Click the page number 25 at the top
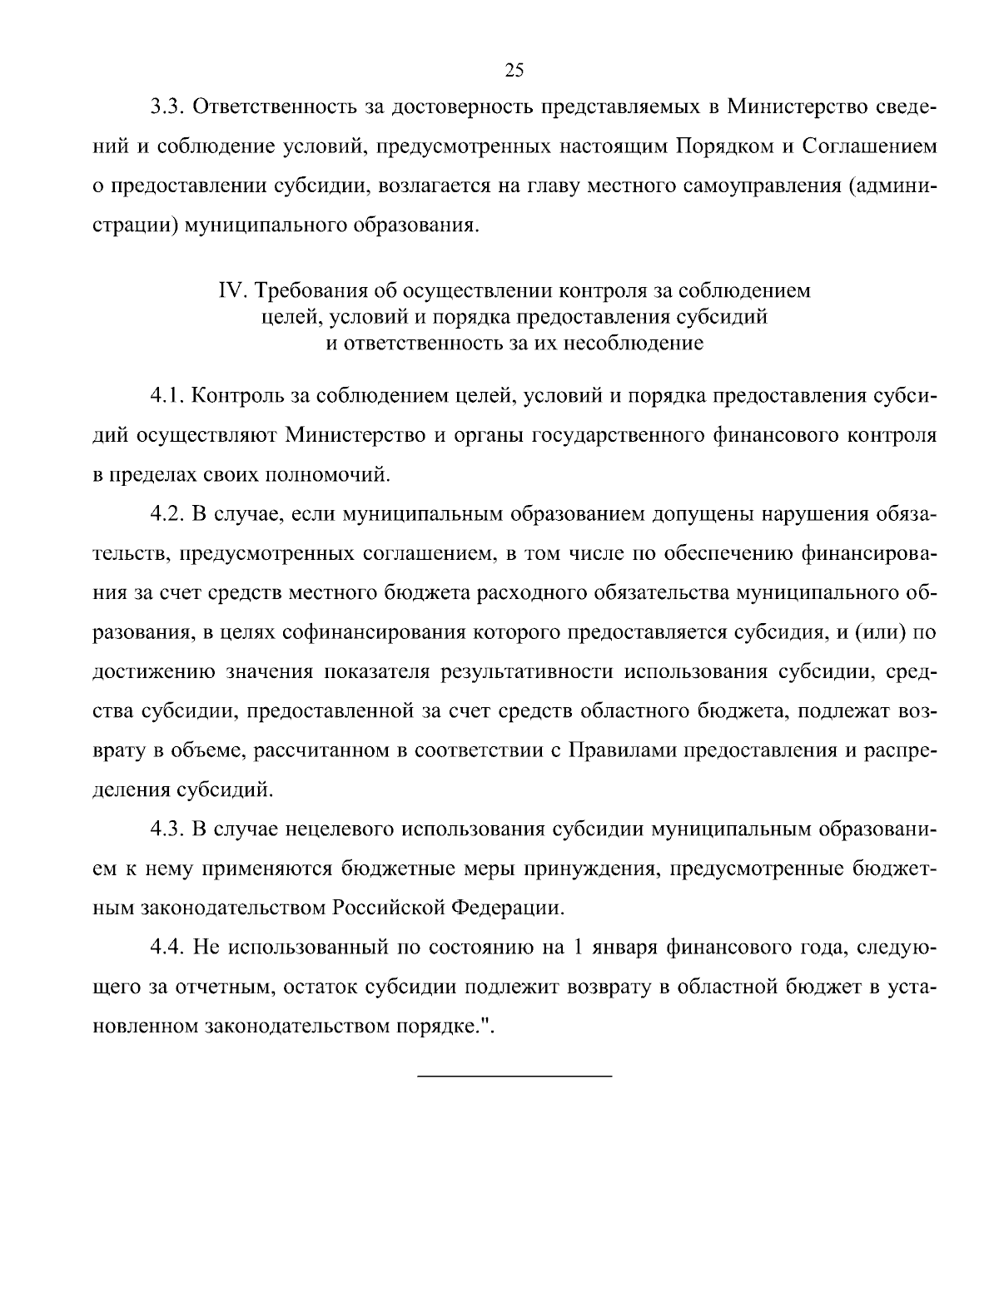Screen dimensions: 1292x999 514,71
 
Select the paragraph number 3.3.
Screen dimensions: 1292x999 166,107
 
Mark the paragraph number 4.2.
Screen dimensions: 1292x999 166,513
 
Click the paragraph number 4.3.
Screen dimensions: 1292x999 166,829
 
